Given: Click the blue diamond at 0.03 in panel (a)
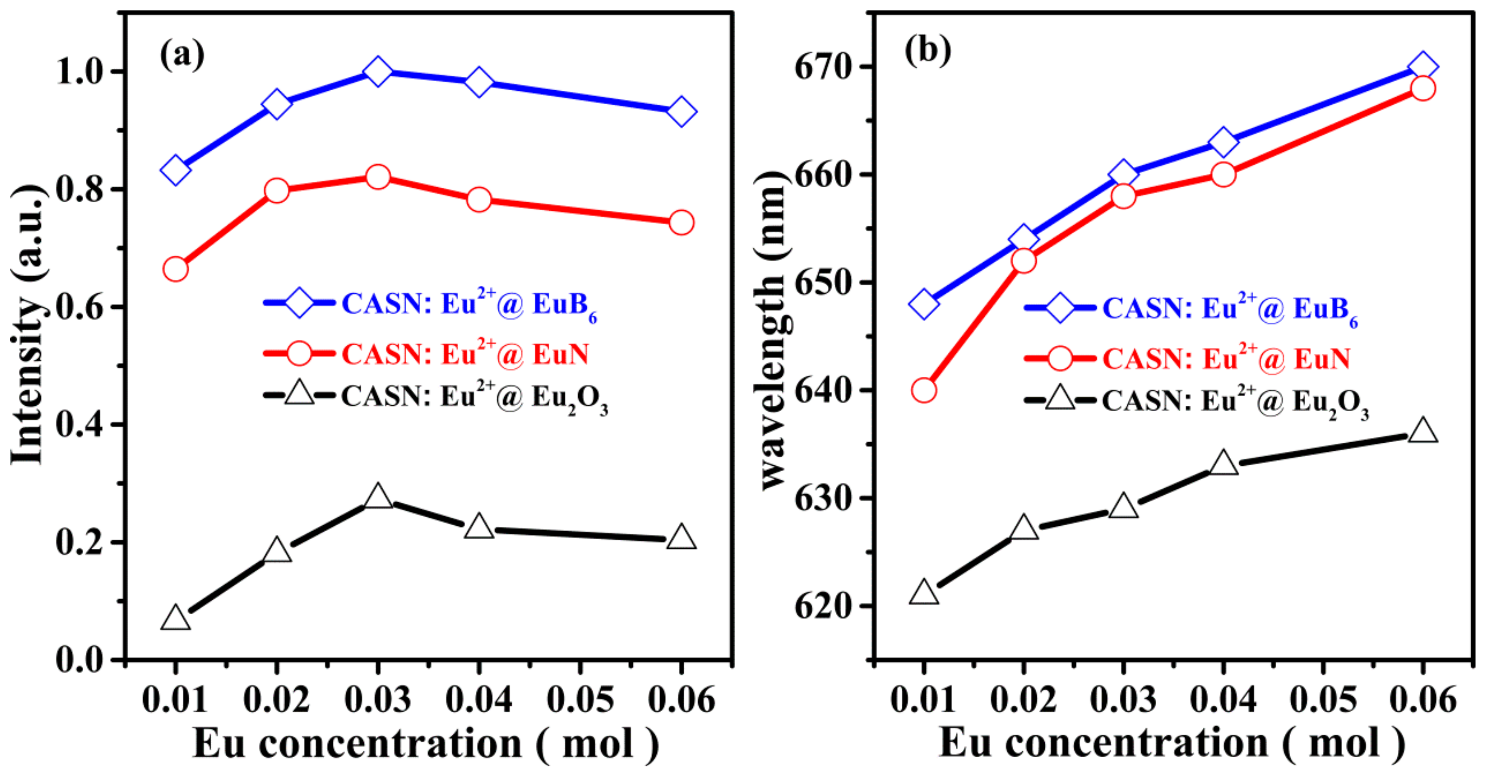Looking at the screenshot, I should (x=378, y=72).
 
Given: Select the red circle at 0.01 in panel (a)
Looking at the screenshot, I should (x=176, y=269).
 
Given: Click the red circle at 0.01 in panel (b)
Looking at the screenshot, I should (x=924, y=390).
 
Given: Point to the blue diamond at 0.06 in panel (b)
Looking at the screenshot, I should (x=1423, y=67).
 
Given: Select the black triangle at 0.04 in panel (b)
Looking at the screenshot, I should (x=1223, y=464).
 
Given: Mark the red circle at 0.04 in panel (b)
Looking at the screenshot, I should (x=1223, y=174).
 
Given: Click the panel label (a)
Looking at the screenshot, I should (x=182, y=55).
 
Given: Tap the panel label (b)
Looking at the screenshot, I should (x=928, y=51).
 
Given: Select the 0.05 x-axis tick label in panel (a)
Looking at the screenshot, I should (x=580, y=700).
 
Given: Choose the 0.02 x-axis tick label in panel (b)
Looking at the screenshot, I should (x=1024, y=700).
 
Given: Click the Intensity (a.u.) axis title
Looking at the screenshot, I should (x=28, y=324).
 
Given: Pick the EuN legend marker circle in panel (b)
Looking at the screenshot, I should (x=1060, y=358).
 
